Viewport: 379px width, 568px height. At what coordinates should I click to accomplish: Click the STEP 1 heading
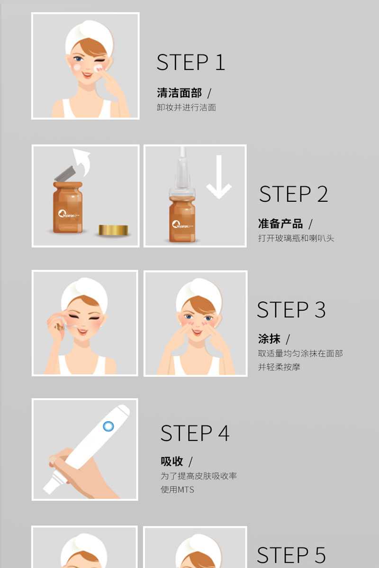pos(190,63)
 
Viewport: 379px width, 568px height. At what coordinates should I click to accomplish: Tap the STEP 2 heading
pos(294,194)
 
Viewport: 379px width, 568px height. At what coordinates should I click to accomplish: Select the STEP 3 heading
pos(291,310)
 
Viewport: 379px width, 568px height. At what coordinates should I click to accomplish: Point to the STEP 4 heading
pos(195,433)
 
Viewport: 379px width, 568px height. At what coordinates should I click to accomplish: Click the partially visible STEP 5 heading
pos(291,556)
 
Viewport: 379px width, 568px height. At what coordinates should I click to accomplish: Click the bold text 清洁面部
pos(180,93)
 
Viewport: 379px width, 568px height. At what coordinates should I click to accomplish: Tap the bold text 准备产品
pos(280,224)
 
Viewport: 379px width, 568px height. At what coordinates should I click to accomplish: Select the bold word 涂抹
pos(269,339)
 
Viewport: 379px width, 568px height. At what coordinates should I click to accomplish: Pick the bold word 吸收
pos(172,461)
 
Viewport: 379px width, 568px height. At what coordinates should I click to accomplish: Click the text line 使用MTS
pos(177,489)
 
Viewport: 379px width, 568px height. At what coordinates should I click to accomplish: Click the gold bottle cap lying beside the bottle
pos(113,230)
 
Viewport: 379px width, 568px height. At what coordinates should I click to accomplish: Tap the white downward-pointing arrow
pos(219,177)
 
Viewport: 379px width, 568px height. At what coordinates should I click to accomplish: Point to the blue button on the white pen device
pos(108,426)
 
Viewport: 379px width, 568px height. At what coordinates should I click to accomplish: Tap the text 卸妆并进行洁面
pos(186,107)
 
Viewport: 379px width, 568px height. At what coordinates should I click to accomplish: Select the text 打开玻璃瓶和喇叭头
pos(296,238)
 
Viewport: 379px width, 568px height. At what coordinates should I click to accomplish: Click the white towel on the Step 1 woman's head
pos(89,36)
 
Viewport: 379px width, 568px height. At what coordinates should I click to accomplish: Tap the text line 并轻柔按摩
pos(279,367)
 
